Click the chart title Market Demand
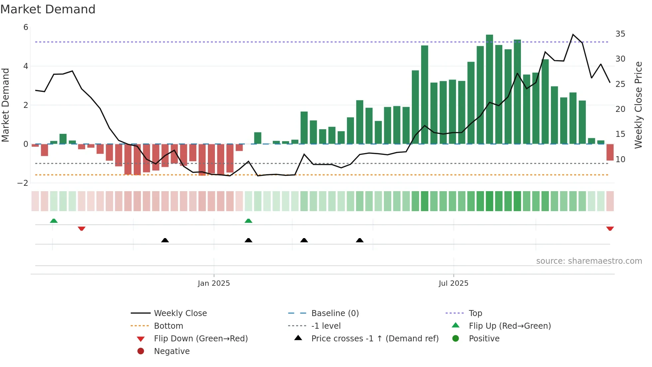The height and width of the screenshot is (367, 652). coord(48,9)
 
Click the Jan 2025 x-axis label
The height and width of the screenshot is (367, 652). coord(214,283)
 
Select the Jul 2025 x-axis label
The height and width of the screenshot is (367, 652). coord(453,283)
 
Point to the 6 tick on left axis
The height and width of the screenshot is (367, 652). coord(26,27)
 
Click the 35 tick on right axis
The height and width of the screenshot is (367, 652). coord(620,34)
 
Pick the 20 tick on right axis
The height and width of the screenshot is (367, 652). coord(620,109)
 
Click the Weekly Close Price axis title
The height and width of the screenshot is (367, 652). coord(638,105)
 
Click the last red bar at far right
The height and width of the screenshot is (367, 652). coord(610,152)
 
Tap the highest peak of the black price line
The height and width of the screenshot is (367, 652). coord(573,35)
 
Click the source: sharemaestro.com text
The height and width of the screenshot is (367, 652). coord(589,261)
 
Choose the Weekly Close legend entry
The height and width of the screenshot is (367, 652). coord(180,313)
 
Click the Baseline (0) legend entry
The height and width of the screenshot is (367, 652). coord(335,313)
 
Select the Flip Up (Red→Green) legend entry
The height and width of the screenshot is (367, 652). coord(510,326)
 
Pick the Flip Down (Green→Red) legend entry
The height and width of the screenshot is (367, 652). coord(201,339)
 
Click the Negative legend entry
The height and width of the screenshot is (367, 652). coord(172,351)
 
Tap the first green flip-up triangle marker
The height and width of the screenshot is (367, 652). coord(54,221)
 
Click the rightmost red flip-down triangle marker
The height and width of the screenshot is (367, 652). coord(610,228)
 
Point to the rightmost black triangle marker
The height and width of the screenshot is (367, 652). coord(360,240)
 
